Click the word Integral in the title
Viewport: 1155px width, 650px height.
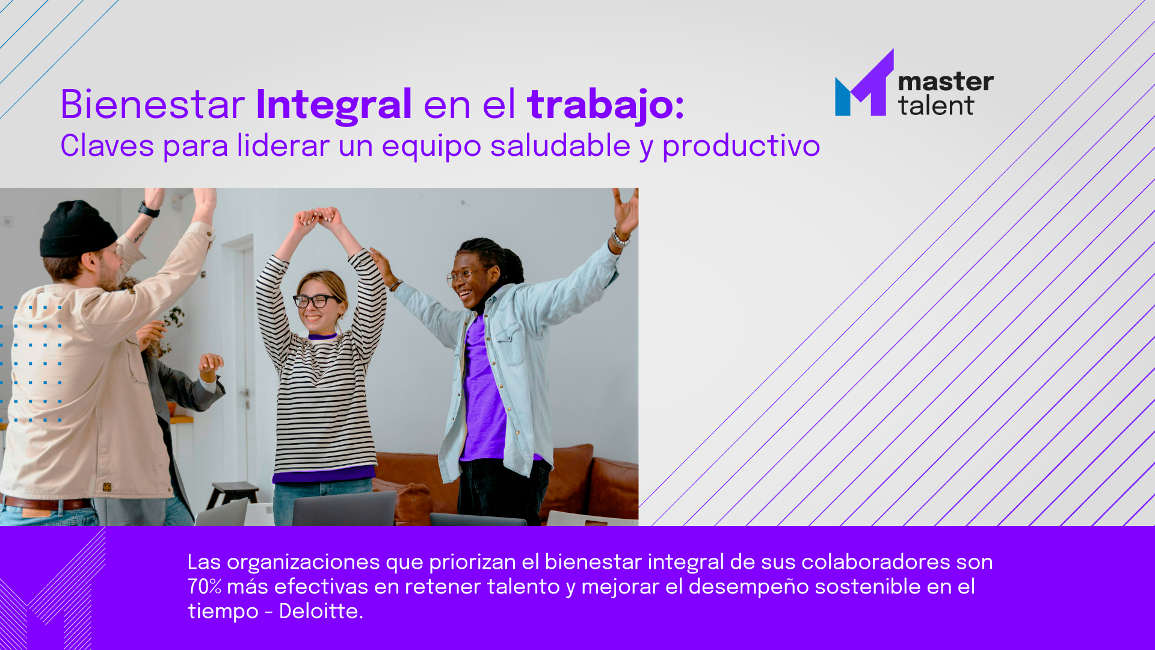[334, 106]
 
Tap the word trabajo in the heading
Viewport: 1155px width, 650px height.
[601, 106]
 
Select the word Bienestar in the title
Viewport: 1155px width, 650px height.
[153, 105]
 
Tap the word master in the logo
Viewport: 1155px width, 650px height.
[946, 82]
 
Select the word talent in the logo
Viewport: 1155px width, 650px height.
[936, 106]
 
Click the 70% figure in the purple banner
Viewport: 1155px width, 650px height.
[205, 587]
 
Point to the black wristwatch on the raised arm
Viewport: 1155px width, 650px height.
[149, 210]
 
